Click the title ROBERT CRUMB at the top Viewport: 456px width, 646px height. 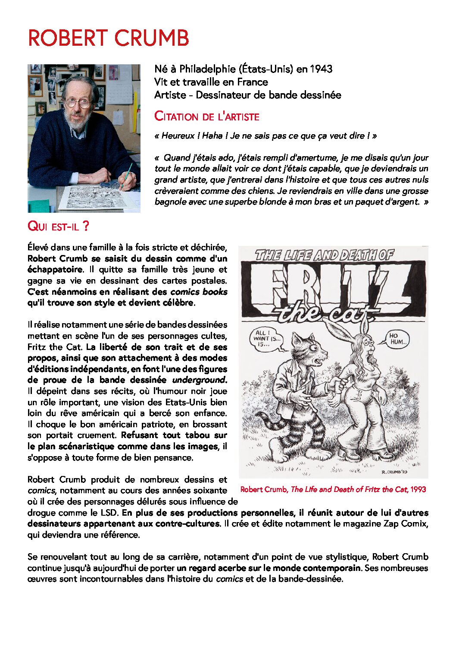(x=108, y=38)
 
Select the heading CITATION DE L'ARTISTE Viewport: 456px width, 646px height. (x=207, y=117)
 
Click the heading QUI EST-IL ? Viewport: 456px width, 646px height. (x=58, y=226)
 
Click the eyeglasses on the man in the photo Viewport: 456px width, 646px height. (x=78, y=103)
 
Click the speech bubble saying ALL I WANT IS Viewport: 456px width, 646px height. (x=267, y=339)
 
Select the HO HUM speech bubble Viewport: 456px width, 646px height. (x=397, y=339)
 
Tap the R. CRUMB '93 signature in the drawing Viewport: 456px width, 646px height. (x=394, y=472)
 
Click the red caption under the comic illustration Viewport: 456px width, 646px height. (x=333, y=489)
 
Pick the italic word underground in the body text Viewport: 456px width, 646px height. (x=199, y=380)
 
